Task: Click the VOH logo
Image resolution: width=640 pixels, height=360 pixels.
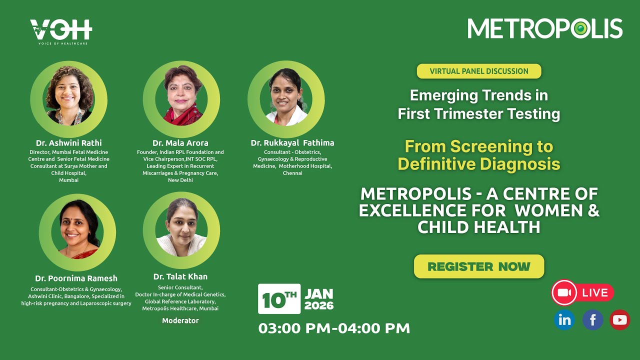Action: coord(61,31)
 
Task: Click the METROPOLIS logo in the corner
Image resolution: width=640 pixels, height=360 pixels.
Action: coord(544,29)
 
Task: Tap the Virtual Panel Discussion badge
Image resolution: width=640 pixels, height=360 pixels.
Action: coord(479,71)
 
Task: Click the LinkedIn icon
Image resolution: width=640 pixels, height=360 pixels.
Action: coord(564,320)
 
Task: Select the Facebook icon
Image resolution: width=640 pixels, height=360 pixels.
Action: coord(592,320)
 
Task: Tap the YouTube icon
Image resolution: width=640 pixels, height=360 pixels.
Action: coord(620,320)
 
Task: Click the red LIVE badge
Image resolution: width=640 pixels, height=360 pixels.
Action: coord(582,292)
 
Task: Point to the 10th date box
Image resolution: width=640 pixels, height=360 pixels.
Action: coord(279,299)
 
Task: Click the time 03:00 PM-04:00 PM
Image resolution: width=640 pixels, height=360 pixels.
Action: coord(334,328)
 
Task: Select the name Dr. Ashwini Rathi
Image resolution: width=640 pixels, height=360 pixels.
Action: coord(68,143)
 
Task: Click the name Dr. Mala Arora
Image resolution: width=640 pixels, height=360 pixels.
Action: coord(180,143)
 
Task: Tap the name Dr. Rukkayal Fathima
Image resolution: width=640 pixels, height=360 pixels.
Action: coord(292,143)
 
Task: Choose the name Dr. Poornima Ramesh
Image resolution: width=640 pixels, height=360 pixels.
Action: coord(76,278)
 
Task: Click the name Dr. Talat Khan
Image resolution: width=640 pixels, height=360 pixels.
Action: coord(180,276)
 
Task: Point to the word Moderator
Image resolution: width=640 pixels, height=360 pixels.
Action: coord(180,320)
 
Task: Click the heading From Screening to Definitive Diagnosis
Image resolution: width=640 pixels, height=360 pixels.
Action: coord(479,155)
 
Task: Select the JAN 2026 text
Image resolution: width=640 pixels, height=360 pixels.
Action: coord(319,299)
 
